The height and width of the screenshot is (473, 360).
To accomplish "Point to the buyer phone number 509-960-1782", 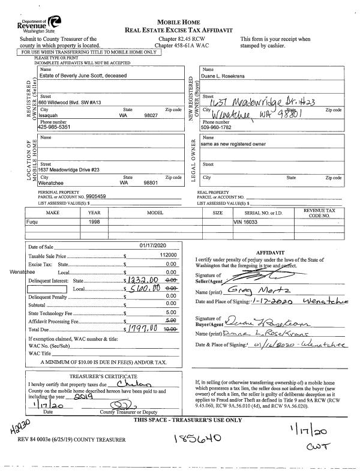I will (x=220, y=127).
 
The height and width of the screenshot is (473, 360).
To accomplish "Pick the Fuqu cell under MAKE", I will (x=37, y=221).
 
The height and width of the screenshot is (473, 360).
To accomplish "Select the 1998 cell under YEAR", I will (x=94, y=221).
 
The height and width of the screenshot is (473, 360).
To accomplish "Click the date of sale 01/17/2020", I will (x=151, y=246).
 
